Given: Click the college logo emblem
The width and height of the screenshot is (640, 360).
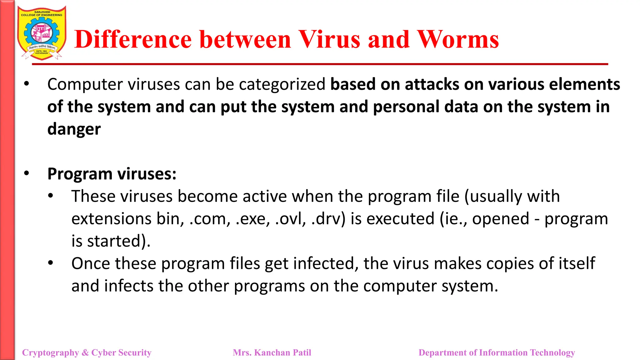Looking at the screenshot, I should coord(42,33).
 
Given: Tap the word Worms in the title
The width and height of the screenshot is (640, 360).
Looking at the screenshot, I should coord(458,40).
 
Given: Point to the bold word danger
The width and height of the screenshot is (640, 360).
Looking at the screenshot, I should coord(74,129).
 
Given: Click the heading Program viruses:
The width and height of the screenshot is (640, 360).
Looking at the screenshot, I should coord(112,174).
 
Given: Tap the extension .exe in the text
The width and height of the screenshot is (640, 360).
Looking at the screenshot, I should coord(252,218).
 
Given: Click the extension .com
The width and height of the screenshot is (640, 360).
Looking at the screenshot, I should coord(210,218).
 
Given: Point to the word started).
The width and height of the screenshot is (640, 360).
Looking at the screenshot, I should coord(119,241).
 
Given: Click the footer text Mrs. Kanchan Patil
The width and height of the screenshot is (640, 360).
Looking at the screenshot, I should coord(272,352).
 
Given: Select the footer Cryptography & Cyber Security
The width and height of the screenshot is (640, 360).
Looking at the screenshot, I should coord(87,352).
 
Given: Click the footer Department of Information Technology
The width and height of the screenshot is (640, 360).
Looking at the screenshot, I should coord(497,352).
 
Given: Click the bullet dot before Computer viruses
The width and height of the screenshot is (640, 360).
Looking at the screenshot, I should coord(27,84).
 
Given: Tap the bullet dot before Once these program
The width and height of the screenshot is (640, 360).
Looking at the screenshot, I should coord(51,263).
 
